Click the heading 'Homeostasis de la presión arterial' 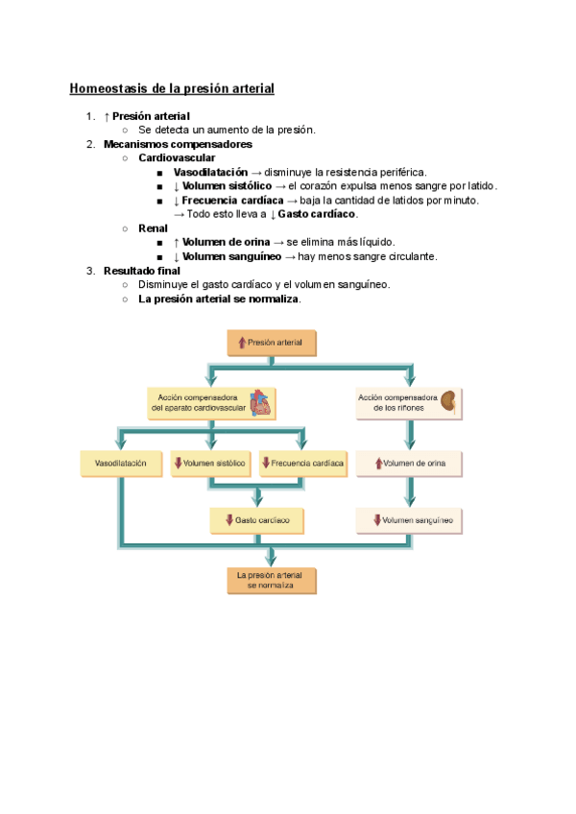click(172, 88)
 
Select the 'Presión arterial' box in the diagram click(271, 342)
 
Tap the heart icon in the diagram click(260, 402)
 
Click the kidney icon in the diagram click(448, 401)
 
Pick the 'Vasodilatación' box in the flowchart click(121, 464)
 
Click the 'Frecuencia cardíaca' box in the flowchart click(301, 464)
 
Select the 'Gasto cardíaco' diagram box click(257, 519)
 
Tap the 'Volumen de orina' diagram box click(410, 465)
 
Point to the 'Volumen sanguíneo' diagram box click(411, 521)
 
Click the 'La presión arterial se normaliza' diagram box click(271, 580)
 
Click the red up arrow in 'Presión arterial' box click(242, 342)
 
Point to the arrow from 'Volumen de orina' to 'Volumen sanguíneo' click(410, 493)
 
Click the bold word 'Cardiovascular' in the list click(177, 157)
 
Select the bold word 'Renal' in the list click(153, 228)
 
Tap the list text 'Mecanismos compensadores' click(178, 144)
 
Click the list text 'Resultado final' click(142, 271)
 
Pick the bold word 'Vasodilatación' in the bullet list click(210, 172)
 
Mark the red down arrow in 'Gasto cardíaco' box click(229, 520)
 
